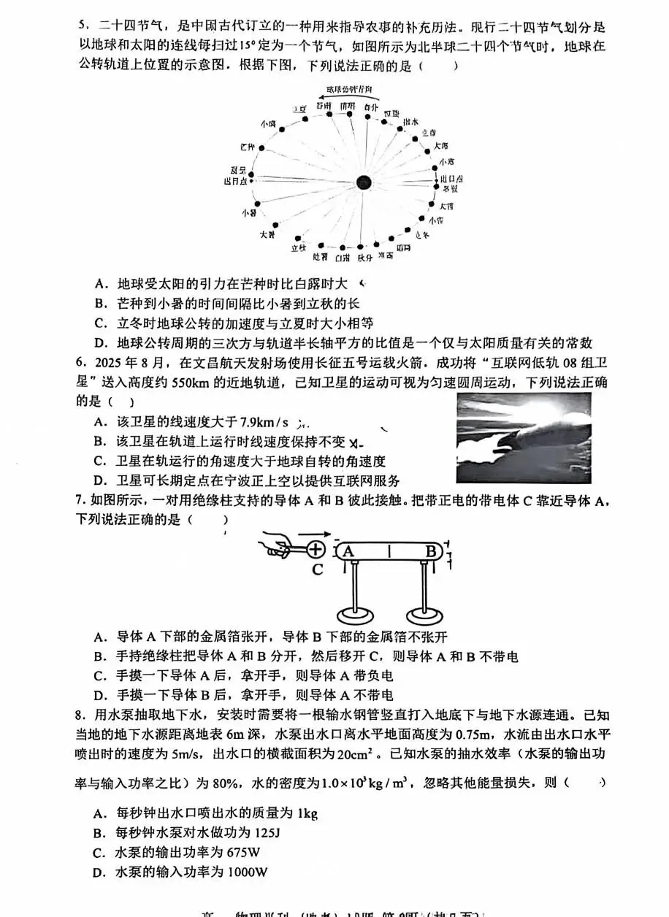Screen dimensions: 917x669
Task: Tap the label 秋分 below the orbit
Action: point(365,257)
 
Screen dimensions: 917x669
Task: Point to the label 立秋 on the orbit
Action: point(297,248)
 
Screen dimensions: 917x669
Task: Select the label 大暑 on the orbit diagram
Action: point(267,234)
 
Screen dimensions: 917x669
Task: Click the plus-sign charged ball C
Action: point(315,550)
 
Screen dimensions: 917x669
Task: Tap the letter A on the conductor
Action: point(348,552)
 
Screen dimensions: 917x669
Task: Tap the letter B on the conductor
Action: point(431,552)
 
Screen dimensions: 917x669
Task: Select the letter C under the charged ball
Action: point(317,570)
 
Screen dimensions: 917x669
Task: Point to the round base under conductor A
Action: point(356,614)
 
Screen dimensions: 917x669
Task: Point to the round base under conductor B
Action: point(426,614)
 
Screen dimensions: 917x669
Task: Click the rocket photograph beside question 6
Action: point(523,438)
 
